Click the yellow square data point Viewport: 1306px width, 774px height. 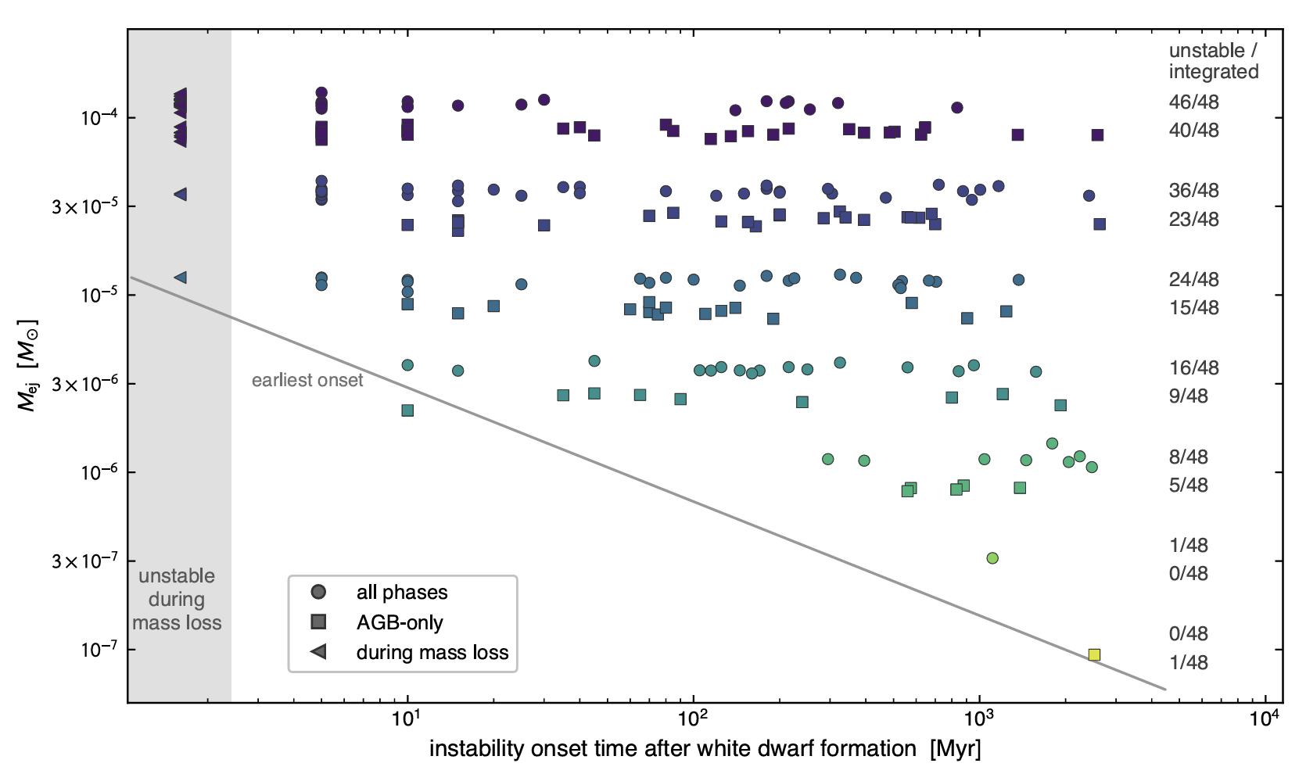pyautogui.click(x=1094, y=654)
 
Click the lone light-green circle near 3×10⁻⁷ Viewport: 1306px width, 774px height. pyautogui.click(x=992, y=557)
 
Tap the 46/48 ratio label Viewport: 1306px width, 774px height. pyautogui.click(x=1193, y=102)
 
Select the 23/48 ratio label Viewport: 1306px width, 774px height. pyautogui.click(x=1193, y=219)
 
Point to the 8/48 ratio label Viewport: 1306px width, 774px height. pyautogui.click(x=1188, y=457)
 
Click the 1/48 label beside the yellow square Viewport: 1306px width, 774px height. pyautogui.click(x=1188, y=662)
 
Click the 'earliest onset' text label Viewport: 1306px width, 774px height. pyautogui.click(x=307, y=380)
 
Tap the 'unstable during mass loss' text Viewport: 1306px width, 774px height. pyautogui.click(x=177, y=599)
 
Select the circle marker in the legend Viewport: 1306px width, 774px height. pyautogui.click(x=318, y=592)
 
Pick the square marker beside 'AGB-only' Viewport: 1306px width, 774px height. pyautogui.click(x=318, y=622)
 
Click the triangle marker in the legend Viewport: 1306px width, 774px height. pyautogui.click(x=318, y=651)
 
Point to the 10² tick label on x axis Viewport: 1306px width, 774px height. pyautogui.click(x=693, y=718)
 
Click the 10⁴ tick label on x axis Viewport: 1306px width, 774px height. pyautogui.click(x=1265, y=718)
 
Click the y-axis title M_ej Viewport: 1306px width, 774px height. pyautogui.click(x=27, y=365)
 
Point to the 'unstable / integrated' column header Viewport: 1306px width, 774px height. pyautogui.click(x=1213, y=61)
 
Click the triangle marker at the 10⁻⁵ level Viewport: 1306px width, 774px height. pyautogui.click(x=181, y=278)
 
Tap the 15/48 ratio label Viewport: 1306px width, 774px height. pyautogui.click(x=1193, y=307)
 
